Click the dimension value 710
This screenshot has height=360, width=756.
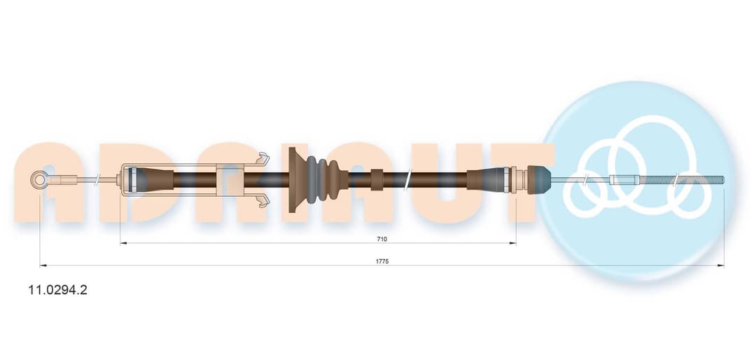coord(382,239)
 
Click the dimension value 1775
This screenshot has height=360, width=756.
coord(382,261)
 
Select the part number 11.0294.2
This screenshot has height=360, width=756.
coord(58,290)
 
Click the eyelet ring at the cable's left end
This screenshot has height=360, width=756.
coord(38,180)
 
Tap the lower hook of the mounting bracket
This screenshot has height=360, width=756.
coord(262,201)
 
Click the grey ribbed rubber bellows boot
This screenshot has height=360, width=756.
coord(322,180)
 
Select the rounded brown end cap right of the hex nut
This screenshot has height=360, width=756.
coord(539,180)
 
